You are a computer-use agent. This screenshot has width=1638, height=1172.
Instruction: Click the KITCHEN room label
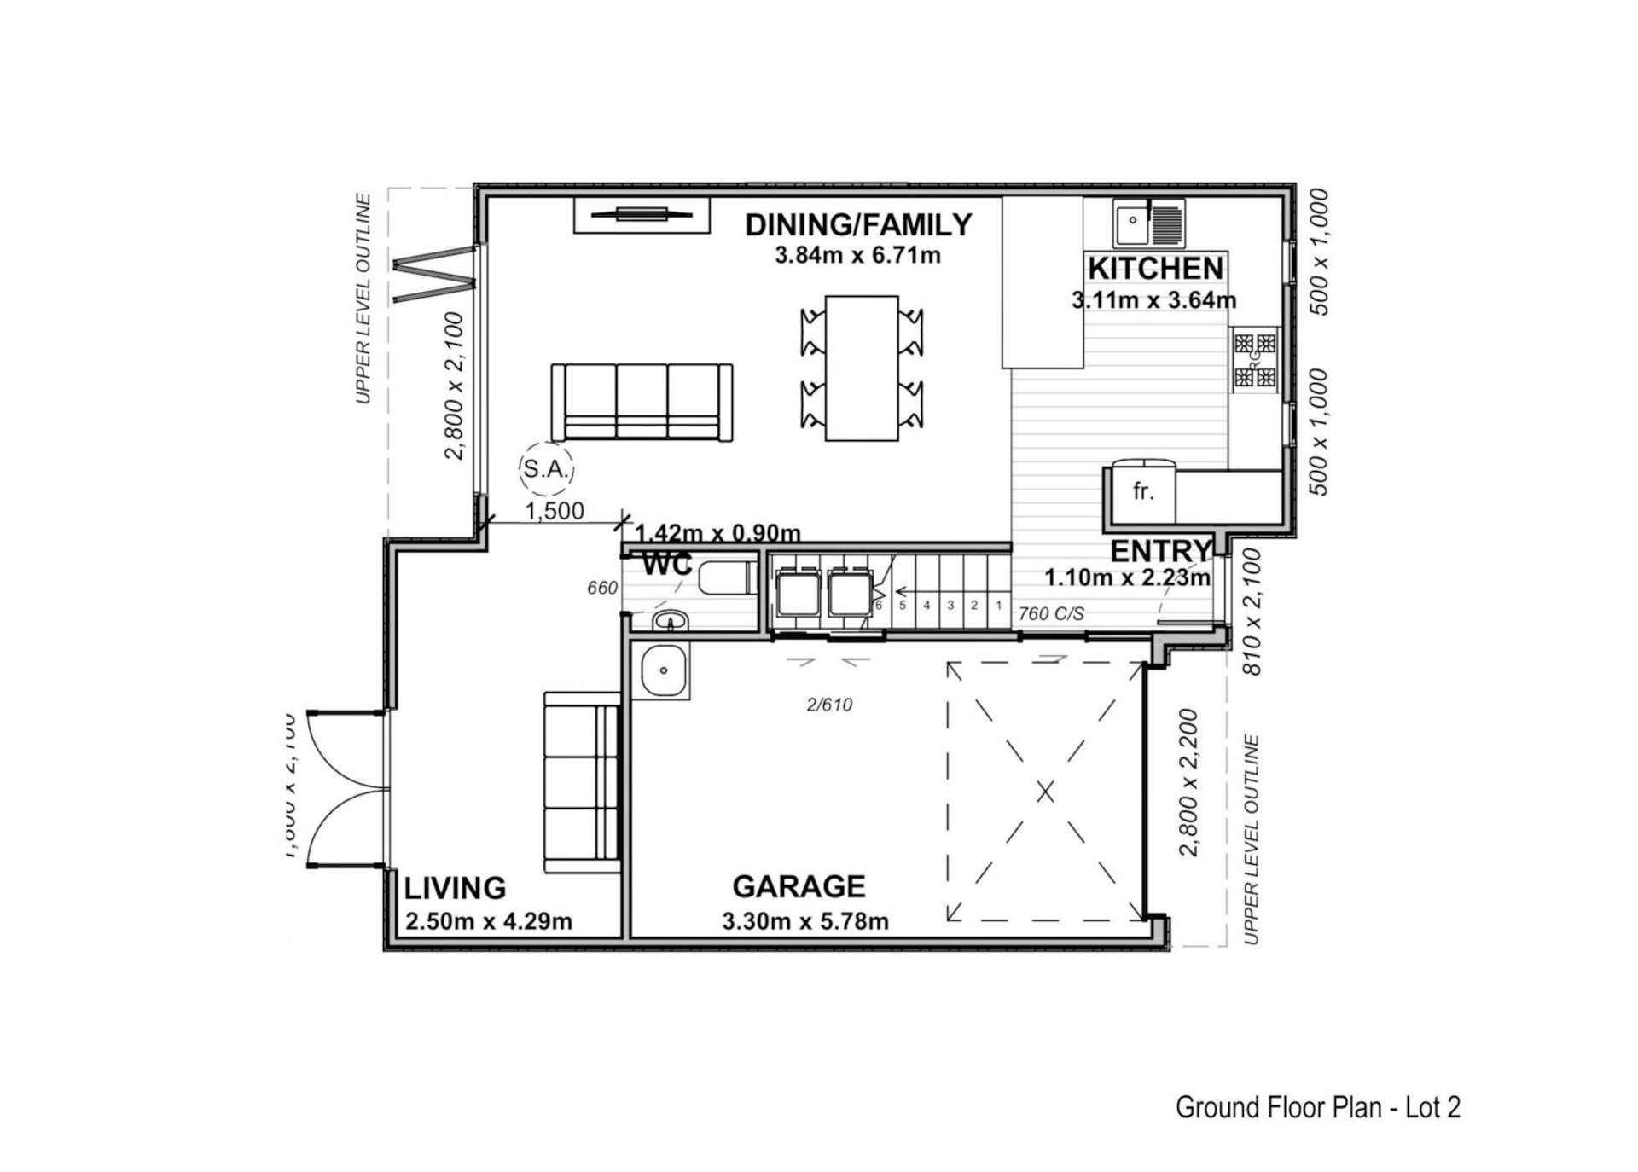(x=1155, y=269)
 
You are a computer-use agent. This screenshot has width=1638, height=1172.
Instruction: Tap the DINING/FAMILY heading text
(x=858, y=224)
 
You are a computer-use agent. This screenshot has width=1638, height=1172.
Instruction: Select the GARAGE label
(x=799, y=886)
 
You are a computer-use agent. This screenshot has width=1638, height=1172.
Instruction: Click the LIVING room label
(x=455, y=888)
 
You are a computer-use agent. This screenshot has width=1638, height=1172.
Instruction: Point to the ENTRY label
(x=1161, y=551)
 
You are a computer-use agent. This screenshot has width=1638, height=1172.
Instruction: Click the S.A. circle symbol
(x=546, y=468)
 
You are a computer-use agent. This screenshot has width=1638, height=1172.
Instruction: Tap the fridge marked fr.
(x=1142, y=492)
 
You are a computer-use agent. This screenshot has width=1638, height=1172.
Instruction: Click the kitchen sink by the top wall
(x=1148, y=223)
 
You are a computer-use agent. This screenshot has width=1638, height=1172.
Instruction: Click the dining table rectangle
(x=862, y=368)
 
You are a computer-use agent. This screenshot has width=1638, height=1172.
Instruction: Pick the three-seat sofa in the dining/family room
(x=642, y=402)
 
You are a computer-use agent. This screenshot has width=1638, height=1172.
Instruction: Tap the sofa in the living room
(x=582, y=782)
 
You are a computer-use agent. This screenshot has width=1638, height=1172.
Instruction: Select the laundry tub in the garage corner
(x=664, y=670)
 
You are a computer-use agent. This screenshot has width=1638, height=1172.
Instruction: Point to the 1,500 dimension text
(x=555, y=510)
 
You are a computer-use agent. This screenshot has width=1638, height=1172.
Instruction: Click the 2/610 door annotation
(x=829, y=705)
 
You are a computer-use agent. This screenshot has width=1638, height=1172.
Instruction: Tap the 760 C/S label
(x=1050, y=613)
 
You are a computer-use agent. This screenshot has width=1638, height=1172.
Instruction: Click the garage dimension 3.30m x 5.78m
(x=804, y=921)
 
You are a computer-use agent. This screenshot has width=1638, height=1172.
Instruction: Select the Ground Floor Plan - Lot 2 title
(x=1317, y=1107)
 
